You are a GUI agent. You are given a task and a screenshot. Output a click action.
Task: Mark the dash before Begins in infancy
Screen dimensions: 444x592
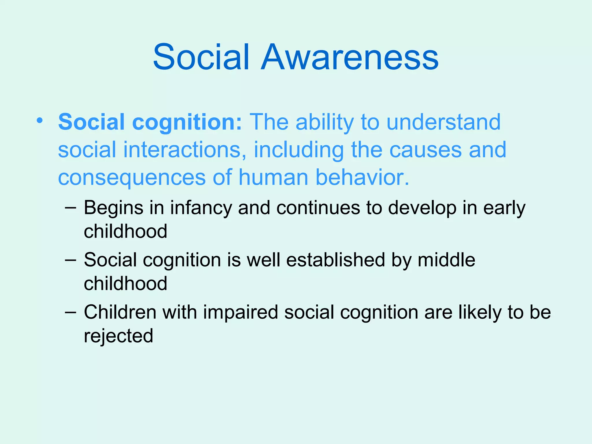point(71,208)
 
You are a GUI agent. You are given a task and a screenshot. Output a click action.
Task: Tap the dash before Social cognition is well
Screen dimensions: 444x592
point(71,260)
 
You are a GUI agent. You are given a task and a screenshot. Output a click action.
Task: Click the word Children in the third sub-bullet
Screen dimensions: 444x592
point(120,312)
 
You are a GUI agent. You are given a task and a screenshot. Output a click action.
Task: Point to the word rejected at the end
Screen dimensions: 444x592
point(119,336)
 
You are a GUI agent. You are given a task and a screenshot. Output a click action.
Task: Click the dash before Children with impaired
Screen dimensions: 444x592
point(71,312)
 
